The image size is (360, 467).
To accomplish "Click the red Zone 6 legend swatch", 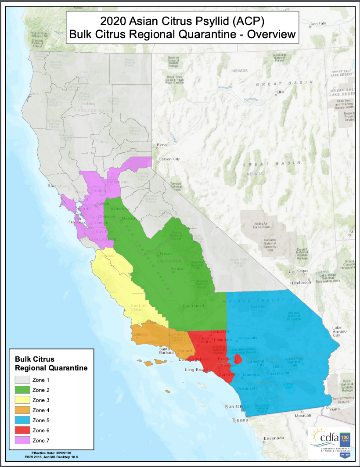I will [x=22, y=430].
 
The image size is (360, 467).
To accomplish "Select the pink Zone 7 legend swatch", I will [x=22, y=440].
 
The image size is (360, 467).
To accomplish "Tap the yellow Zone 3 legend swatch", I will [x=22, y=400].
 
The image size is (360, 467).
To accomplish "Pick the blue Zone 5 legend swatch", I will [x=22, y=420].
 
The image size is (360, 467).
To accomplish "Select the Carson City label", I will [x=169, y=159].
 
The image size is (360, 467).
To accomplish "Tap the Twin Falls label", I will [x=318, y=23].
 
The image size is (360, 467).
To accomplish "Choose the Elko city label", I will [x=281, y=92].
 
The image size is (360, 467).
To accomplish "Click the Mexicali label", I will [x=302, y=415].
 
